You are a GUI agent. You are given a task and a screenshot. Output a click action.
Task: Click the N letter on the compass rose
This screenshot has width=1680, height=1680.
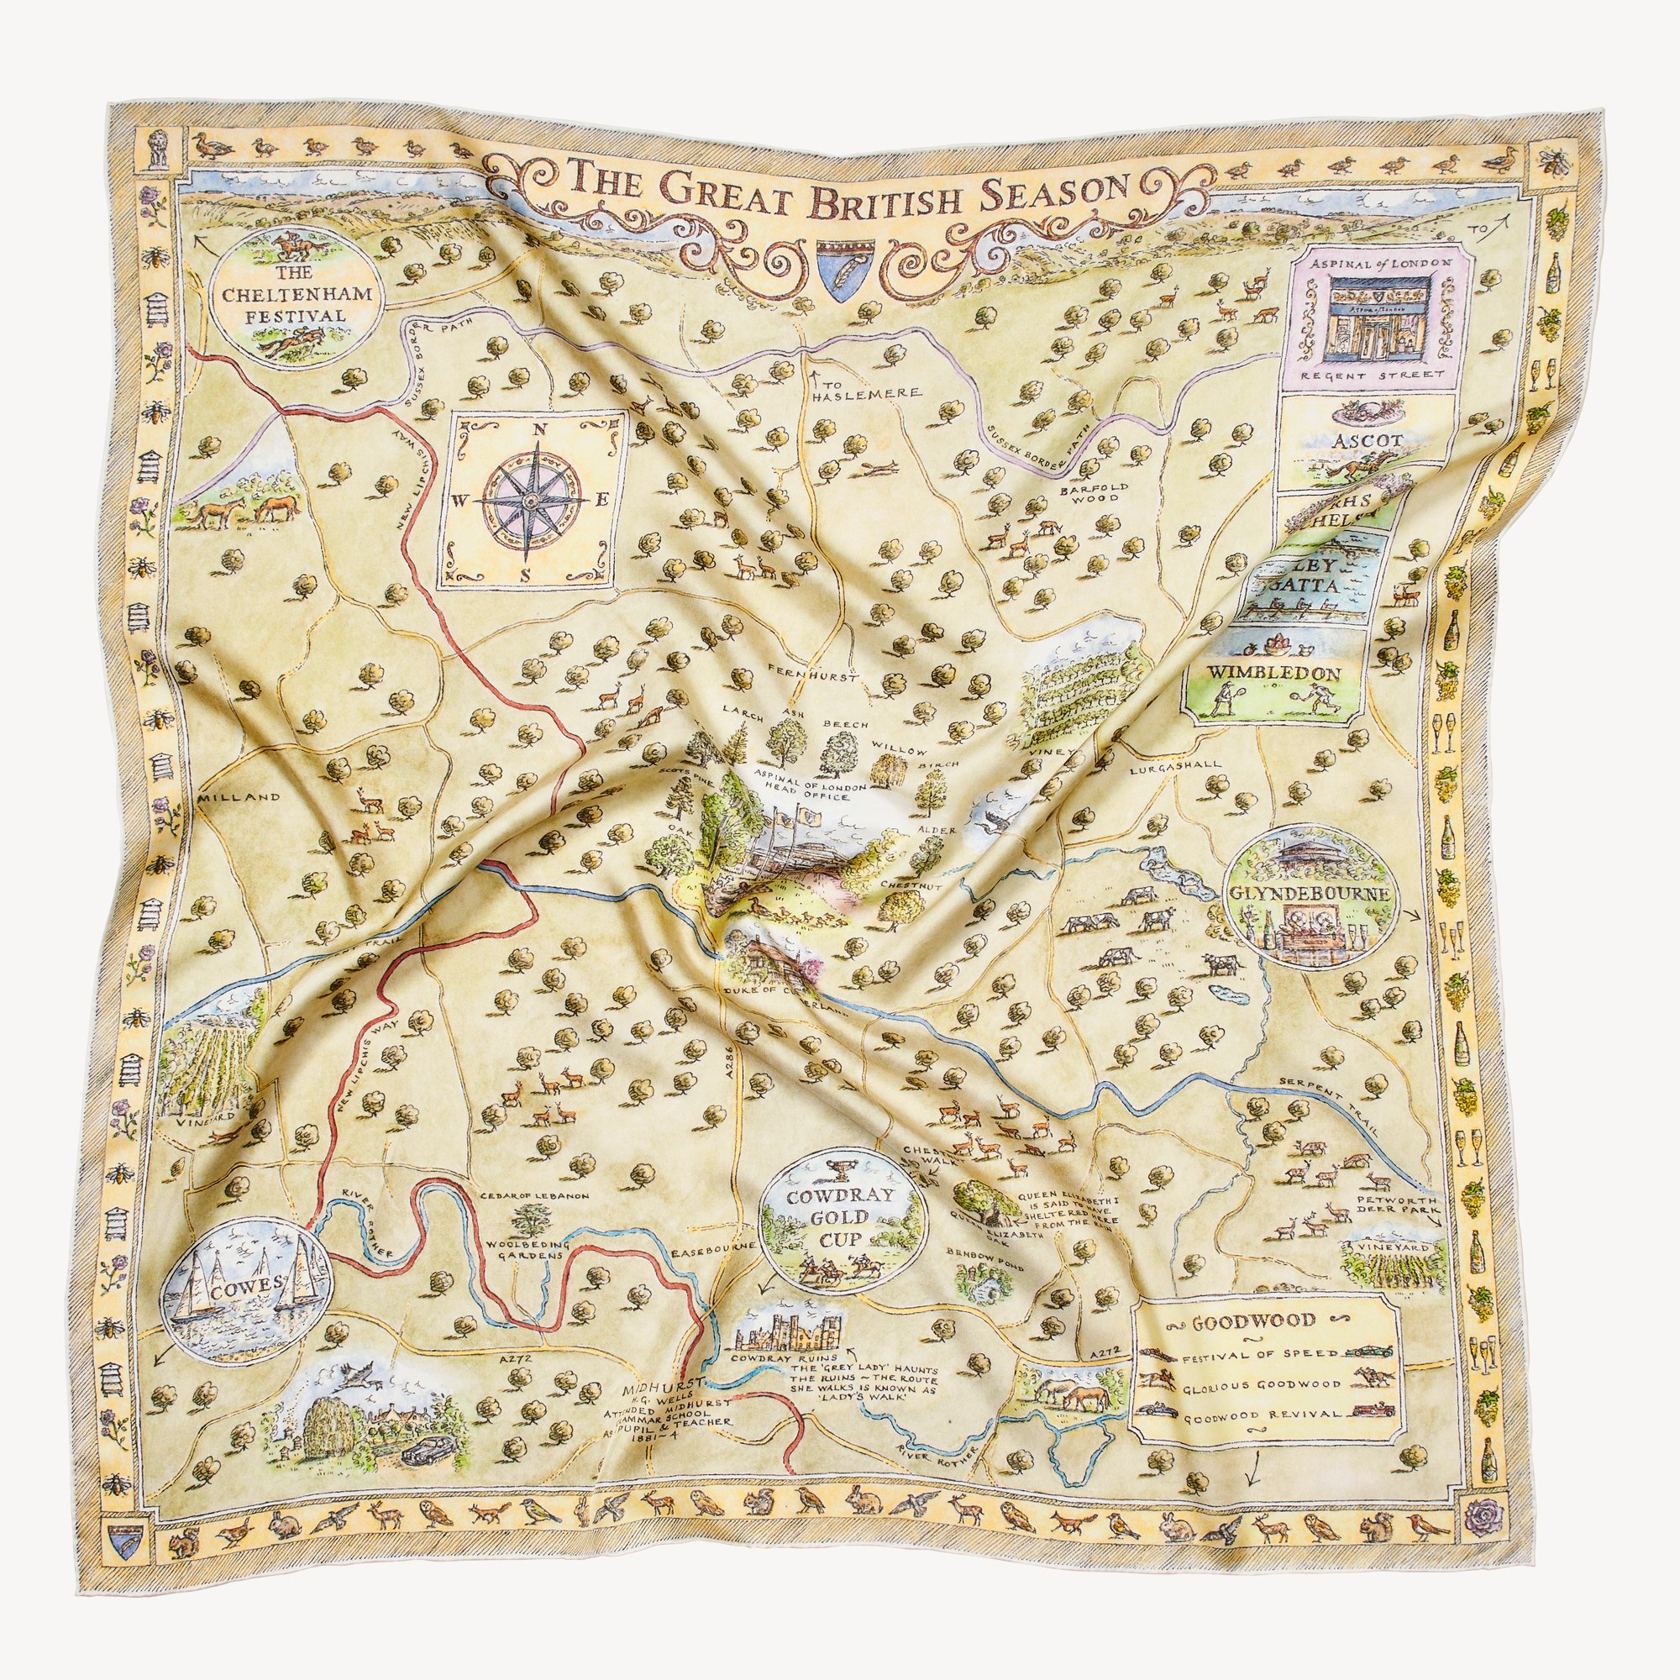click(x=538, y=428)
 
